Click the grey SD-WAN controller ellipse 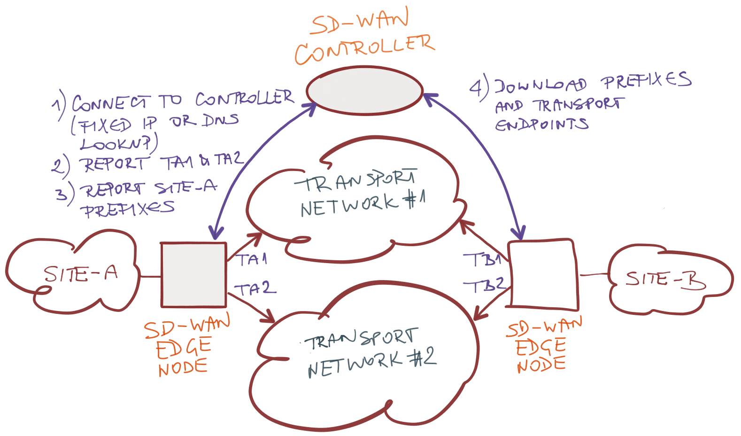click(364, 91)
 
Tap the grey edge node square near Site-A click(194, 275)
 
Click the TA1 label click(251, 259)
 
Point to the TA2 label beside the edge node click(255, 288)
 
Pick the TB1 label click(483, 259)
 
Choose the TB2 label click(484, 285)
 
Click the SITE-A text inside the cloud click(81, 274)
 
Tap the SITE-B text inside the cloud click(665, 280)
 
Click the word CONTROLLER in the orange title click(364, 50)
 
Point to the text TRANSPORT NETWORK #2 click(370, 352)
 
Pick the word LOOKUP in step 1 click(116, 143)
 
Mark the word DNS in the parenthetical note click(220, 120)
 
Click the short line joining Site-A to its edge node click(150, 276)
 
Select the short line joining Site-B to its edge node click(594, 274)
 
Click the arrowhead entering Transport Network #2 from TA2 click(269, 317)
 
